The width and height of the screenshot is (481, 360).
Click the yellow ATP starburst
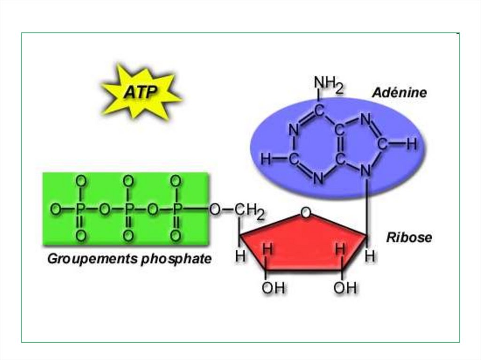click(140, 92)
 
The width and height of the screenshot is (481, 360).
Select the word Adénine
click(399, 93)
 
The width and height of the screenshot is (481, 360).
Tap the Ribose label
click(409, 237)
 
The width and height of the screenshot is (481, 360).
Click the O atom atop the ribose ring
click(306, 214)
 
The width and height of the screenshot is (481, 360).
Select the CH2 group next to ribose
click(248, 211)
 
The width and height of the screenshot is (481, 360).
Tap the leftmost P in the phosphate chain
click(80, 210)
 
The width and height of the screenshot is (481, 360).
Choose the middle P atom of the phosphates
click(128, 210)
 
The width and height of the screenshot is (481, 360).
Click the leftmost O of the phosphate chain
click(55, 210)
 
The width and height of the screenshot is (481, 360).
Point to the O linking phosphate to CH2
click(215, 210)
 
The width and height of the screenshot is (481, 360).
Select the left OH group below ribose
click(273, 288)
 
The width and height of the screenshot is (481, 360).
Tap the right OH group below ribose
click(345, 288)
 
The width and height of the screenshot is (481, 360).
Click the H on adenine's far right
click(411, 145)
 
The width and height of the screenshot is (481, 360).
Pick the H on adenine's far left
click(266, 160)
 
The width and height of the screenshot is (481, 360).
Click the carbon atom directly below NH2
click(318, 111)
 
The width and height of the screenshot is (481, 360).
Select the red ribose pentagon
click(303, 244)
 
